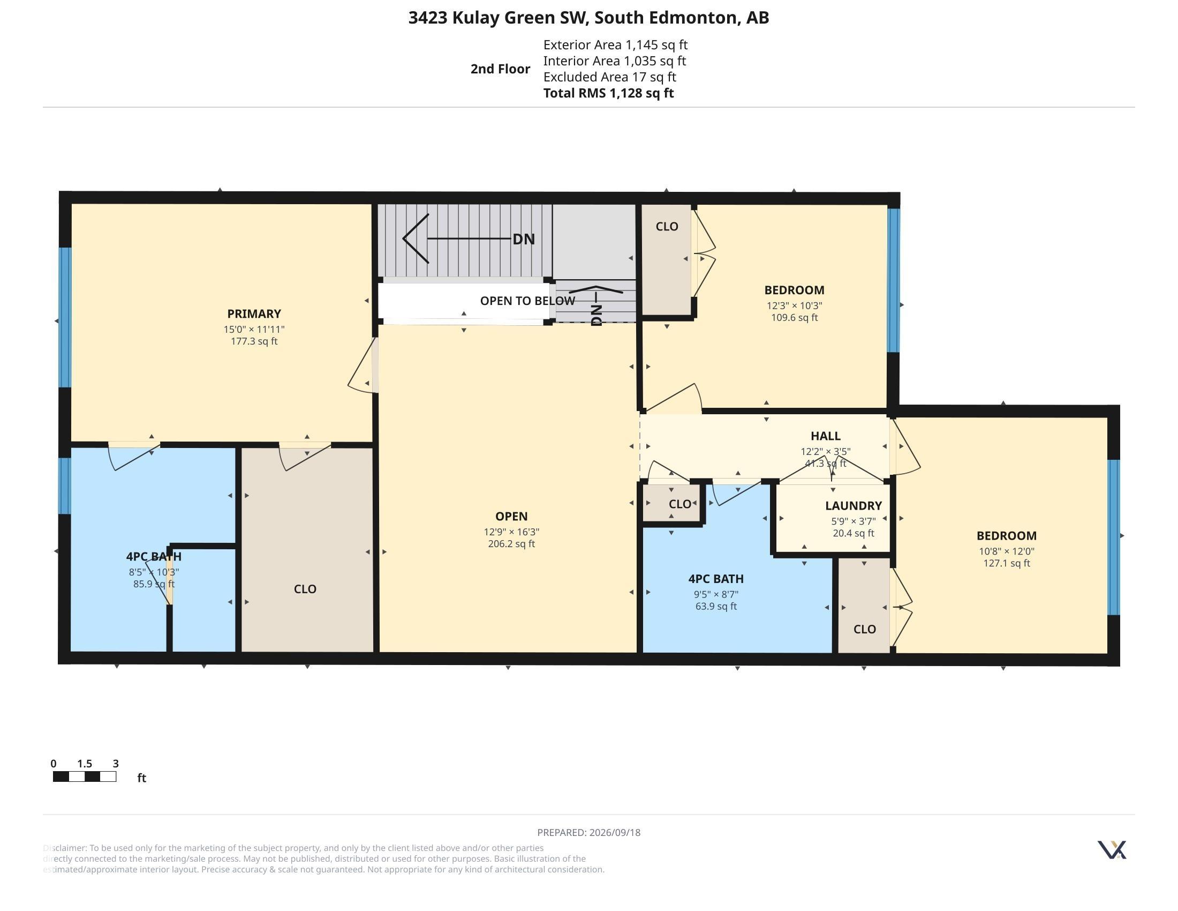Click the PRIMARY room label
point(254,313)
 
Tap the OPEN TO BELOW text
point(527,301)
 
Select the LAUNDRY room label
point(854,506)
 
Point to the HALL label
point(825,436)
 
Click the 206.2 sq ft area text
point(511,543)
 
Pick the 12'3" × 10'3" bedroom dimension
point(795,305)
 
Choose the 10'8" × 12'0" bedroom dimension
point(1007,551)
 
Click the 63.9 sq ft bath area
point(716,606)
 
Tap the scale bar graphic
point(85,776)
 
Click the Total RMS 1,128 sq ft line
point(608,93)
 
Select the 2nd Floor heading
point(500,69)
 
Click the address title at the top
point(588,18)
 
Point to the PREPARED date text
point(588,832)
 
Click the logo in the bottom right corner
point(1112,849)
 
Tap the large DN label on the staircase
point(523,239)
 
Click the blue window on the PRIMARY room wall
point(65,317)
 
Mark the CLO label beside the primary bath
point(305,589)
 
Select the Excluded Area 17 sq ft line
point(609,77)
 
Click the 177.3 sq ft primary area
point(254,341)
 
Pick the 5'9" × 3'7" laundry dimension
point(854,521)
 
